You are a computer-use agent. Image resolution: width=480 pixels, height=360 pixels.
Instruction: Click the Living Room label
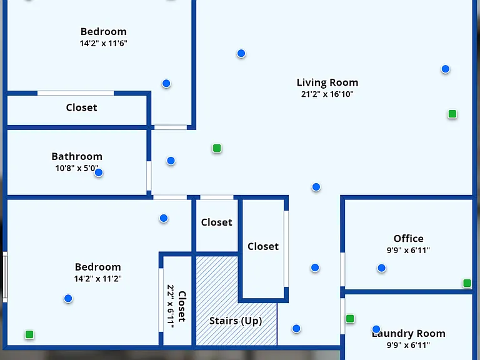point(327,82)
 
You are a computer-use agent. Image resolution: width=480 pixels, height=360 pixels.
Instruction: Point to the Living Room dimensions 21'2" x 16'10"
point(327,94)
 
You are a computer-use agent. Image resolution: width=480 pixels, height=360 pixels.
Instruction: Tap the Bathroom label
point(77,156)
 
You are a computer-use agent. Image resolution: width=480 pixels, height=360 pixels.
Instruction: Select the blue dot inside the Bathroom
point(99,172)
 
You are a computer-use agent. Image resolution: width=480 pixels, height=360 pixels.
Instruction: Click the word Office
point(408,239)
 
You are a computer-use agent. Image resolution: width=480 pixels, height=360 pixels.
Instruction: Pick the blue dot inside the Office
point(381,268)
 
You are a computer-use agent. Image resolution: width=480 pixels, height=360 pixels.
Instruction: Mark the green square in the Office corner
point(467,283)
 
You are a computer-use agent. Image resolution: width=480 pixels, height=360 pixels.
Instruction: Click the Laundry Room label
point(408,333)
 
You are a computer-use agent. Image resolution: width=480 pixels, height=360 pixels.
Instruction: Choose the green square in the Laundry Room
point(350,319)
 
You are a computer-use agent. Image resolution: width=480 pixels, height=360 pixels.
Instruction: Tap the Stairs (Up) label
point(236,321)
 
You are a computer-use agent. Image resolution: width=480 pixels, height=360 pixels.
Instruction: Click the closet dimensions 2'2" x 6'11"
point(171,306)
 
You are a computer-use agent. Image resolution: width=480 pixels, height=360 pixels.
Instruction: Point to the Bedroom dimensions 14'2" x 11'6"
point(104,44)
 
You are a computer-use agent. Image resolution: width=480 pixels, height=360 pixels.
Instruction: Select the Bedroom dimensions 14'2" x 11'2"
point(97,279)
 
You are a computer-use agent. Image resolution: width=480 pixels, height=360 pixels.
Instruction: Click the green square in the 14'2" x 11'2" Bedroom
point(29,334)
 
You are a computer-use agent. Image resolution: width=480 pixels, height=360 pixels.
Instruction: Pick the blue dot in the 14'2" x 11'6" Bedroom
point(166,83)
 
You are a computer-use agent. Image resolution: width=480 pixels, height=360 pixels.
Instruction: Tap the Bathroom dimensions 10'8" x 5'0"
point(77,168)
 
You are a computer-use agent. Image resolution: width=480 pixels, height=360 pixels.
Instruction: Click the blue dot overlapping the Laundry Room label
point(376,329)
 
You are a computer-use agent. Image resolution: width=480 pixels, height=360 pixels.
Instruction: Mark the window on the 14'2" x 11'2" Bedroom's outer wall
point(5,277)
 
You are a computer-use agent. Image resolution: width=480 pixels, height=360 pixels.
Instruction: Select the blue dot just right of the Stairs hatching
point(296,329)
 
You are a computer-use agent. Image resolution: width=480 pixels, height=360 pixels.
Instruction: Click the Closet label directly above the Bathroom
point(81,107)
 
